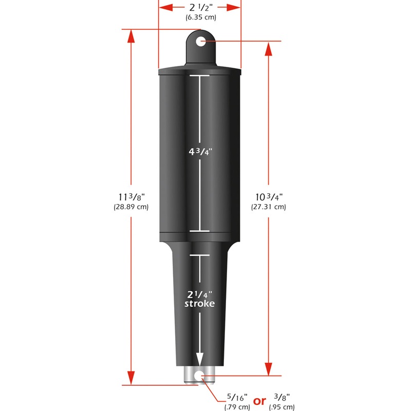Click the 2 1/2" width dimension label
200,7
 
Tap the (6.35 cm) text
200,17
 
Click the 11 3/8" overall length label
130,197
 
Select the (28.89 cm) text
130,207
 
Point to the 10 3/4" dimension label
269,197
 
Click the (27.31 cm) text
269,207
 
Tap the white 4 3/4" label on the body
200,153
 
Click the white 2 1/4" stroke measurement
200,294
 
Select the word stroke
200,304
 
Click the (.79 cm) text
237,407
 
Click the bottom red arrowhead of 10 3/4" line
269,370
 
